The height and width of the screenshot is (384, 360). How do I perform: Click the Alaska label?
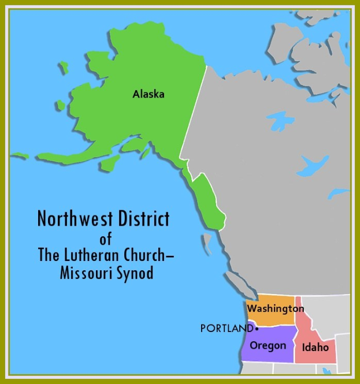(149, 94)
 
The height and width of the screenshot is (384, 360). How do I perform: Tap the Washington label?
(276, 309)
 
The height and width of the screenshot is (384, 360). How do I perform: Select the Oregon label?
(268, 345)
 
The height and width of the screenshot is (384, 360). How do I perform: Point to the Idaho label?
(315, 348)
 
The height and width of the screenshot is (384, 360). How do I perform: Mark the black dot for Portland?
(257, 329)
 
